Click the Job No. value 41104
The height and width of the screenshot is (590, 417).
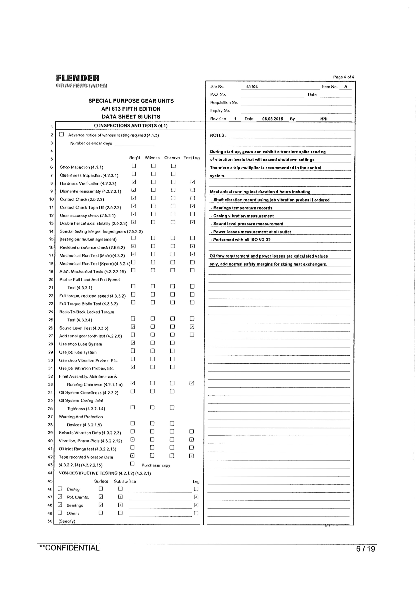(x=252, y=87)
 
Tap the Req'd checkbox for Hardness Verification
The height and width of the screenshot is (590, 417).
(x=133, y=182)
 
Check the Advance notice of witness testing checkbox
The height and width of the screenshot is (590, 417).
(x=61, y=134)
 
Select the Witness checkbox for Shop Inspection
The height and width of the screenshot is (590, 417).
(x=153, y=166)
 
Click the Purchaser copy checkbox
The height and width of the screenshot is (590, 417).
(x=132, y=464)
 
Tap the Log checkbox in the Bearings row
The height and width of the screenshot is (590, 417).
(x=196, y=505)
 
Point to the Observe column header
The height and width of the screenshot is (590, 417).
(x=172, y=158)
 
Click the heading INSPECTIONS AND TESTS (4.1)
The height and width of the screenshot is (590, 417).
(x=131, y=126)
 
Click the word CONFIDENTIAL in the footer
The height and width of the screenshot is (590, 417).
(x=72, y=548)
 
